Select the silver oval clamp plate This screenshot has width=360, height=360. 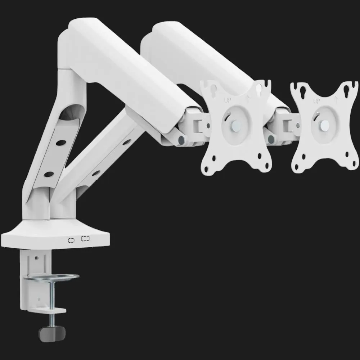pos(51,277)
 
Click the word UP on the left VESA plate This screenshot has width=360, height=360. pos(227,100)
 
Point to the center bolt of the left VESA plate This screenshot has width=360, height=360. pos(236,125)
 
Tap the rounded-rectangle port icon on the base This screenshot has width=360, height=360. pos(85,239)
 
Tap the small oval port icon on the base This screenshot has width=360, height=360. pos(71,240)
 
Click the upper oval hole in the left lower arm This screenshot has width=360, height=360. pos(60,143)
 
